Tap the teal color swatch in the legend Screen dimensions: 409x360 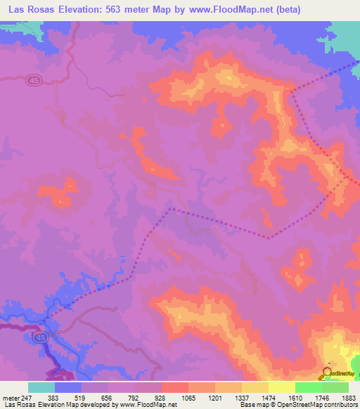[x=41, y=387]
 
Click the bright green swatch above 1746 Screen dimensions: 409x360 [x=307, y=387]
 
